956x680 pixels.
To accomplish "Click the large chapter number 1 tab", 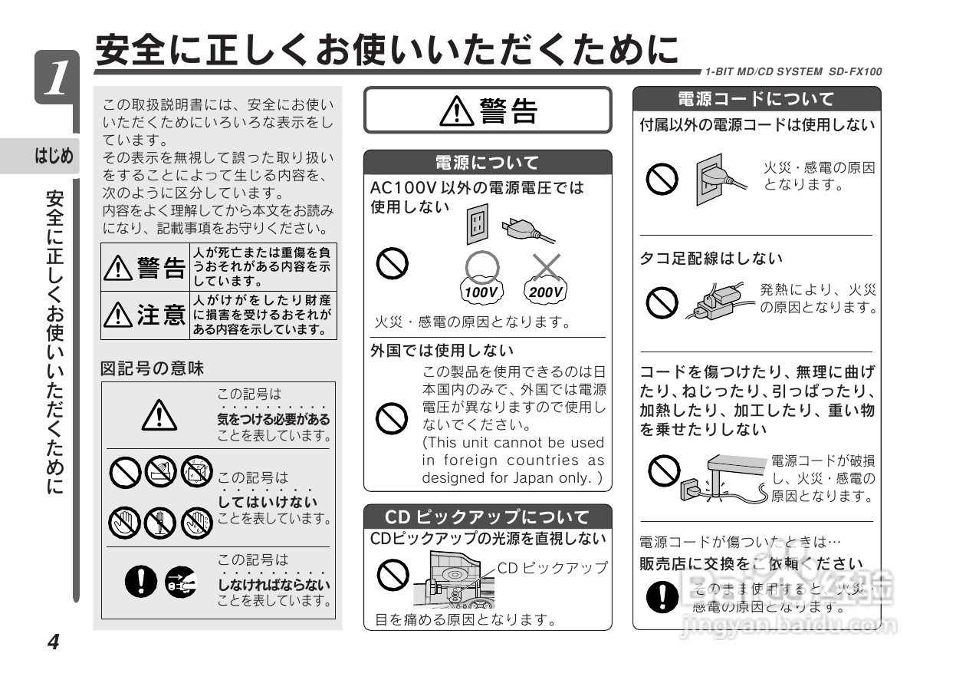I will (x=56, y=78).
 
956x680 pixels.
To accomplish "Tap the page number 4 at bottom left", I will (x=53, y=642).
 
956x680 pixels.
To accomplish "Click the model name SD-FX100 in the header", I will (x=855, y=71).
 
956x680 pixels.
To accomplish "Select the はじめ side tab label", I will (x=53, y=157).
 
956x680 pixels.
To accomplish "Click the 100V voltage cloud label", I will (x=481, y=292).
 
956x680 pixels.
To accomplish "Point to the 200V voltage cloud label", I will (x=546, y=292).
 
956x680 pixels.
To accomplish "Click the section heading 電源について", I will (x=487, y=162).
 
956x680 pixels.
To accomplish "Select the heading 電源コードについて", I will (x=756, y=99).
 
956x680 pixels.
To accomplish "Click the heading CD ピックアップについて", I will (x=487, y=517).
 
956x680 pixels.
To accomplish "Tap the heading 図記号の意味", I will (x=153, y=368).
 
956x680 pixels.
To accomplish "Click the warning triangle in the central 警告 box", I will (x=458, y=112).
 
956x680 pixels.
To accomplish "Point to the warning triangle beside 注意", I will (x=119, y=315).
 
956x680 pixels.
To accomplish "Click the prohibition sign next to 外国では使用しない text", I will (x=391, y=419).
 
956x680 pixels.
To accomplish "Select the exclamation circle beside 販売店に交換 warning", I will (x=658, y=596).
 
